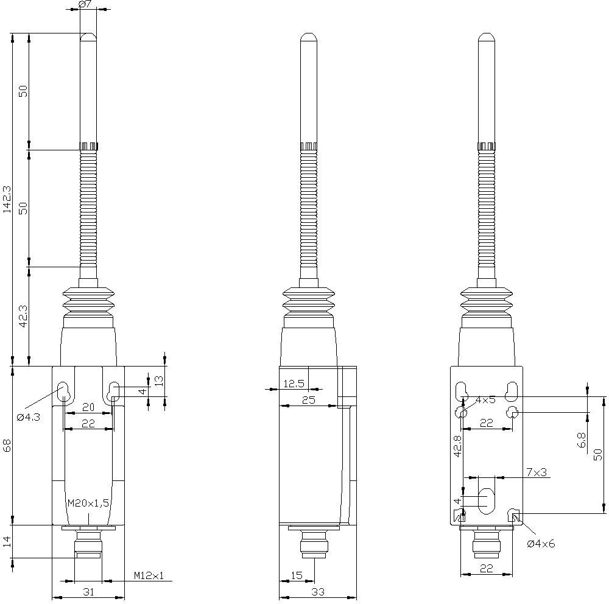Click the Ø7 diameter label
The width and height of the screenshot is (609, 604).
(x=86, y=5)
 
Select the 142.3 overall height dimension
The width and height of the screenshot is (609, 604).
(x=7, y=198)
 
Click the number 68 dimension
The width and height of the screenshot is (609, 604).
(x=7, y=445)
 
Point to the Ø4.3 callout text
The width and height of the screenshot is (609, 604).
(x=29, y=417)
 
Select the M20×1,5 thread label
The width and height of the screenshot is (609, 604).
(x=88, y=503)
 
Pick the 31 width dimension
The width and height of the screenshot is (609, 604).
(x=88, y=592)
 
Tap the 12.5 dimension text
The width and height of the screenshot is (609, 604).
(x=294, y=384)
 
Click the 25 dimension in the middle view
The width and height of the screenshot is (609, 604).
(x=308, y=399)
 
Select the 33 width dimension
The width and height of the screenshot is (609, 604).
(x=318, y=592)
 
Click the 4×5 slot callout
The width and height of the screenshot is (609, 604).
(x=485, y=400)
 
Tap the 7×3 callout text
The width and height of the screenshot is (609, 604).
(x=537, y=472)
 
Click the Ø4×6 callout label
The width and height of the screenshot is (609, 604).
(x=541, y=544)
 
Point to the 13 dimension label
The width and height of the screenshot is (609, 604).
(x=158, y=381)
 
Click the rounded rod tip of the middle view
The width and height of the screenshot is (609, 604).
(x=309, y=38)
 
